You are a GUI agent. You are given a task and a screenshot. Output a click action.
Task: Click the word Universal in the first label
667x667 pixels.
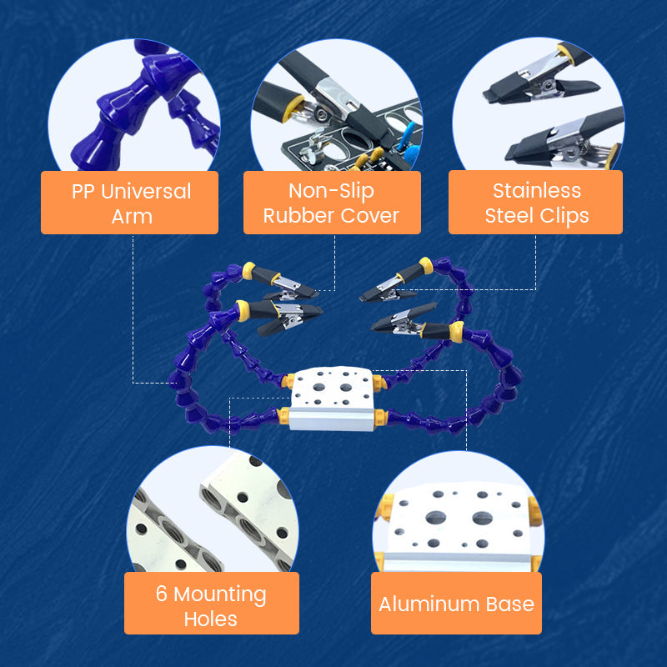click(146, 191)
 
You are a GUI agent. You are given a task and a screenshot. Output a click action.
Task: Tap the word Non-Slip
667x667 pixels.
click(331, 191)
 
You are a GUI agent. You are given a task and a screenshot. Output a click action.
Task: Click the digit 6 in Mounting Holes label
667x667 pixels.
click(161, 594)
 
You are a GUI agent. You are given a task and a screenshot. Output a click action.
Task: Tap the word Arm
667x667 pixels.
click(132, 217)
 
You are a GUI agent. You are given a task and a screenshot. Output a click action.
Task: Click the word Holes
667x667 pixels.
click(211, 619)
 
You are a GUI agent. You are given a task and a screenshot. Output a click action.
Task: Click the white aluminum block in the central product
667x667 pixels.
click(332, 399)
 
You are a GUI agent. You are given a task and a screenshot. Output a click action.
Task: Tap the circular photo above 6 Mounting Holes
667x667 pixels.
click(213, 509)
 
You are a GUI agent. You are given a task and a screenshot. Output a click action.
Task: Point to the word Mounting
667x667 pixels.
click(220, 594)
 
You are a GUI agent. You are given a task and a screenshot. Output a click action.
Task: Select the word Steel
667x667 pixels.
click(509, 215)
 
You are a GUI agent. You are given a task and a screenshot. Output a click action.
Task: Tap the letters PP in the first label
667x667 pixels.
click(83, 192)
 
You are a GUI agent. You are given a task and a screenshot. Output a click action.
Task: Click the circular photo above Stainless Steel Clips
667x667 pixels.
click(539, 104)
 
